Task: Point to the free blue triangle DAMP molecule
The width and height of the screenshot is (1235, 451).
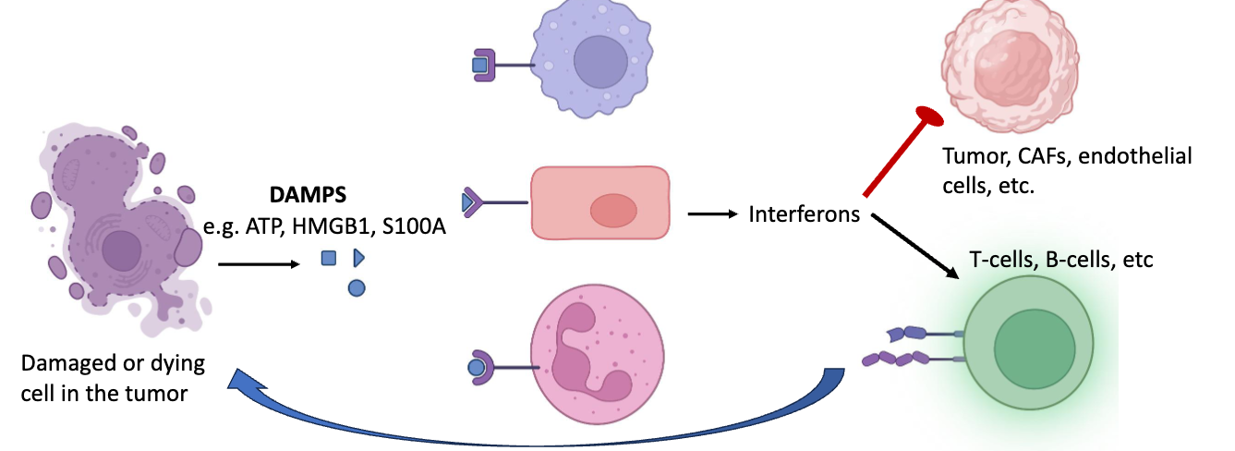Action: pyautogui.click(x=359, y=259)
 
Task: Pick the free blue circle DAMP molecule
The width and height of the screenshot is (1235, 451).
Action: pyautogui.click(x=357, y=288)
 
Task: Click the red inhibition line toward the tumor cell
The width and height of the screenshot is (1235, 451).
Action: pyautogui.click(x=901, y=153)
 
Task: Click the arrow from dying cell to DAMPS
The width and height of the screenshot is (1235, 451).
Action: pyautogui.click(x=259, y=264)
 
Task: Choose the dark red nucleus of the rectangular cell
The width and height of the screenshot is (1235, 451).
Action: pyautogui.click(x=613, y=210)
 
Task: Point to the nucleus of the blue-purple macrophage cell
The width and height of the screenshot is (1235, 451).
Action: pyautogui.click(x=605, y=64)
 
